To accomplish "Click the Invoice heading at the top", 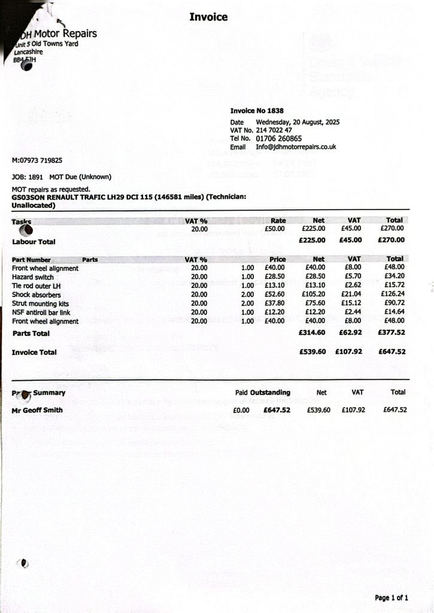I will pos(208,17).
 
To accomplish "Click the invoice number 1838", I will pos(275,111).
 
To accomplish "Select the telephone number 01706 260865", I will pos(279,138).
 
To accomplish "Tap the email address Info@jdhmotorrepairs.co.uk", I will pos(296,147).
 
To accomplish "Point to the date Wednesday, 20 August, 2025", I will pos(298,122).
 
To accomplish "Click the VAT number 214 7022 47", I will pos(274,130).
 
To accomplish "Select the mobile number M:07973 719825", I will pos(37,160).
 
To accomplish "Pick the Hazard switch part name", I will pos(33,277).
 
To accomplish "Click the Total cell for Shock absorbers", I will pos(393,294).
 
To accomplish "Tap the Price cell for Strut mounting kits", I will pos(274,303).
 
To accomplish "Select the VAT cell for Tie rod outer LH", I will pos(353,286).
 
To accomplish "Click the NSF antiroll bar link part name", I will pos(41,312).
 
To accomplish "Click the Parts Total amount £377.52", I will pos(391,333).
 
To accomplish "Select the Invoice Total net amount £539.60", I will pos(312,352).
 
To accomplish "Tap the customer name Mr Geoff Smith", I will pos(37,410).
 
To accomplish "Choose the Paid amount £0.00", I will pos(241,410).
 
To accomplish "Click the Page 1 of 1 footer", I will pos(391,597).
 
